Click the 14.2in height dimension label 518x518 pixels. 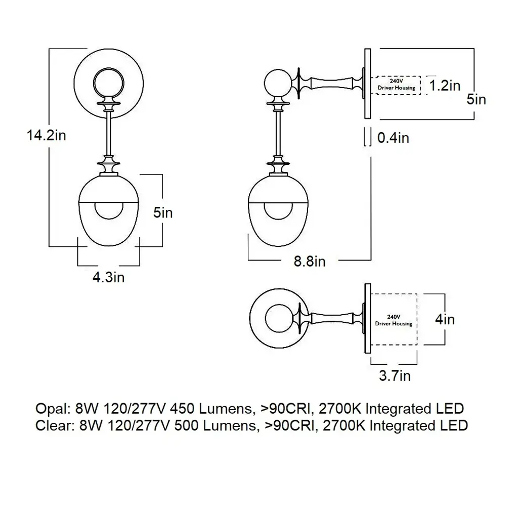[47, 136]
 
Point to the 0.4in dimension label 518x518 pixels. [393, 137]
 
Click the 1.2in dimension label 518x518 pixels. [445, 86]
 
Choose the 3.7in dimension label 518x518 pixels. [395, 376]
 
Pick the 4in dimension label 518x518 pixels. [445, 320]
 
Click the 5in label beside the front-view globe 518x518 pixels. [163, 213]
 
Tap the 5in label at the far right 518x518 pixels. [476, 99]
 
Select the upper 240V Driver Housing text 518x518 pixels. [397, 84]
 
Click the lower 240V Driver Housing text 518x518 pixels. [394, 320]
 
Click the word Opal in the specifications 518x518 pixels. [50, 409]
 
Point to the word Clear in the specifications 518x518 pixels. [51, 425]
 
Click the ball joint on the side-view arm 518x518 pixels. [277, 84]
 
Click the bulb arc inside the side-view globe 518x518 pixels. [278, 212]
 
